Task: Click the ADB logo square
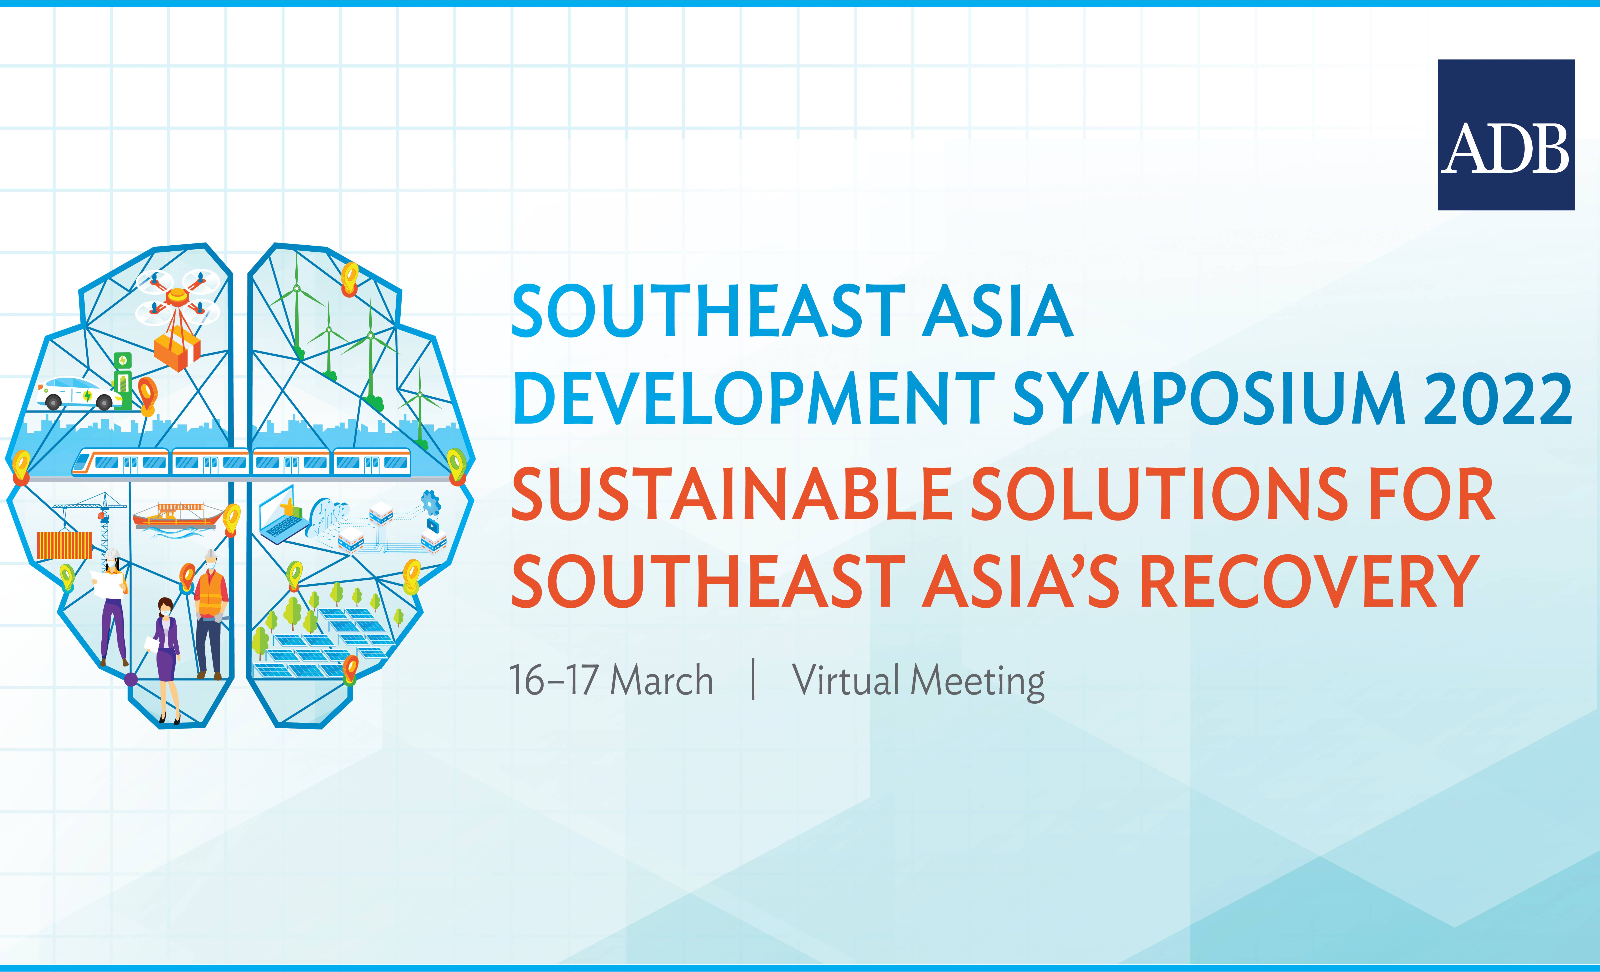coord(1506,135)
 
